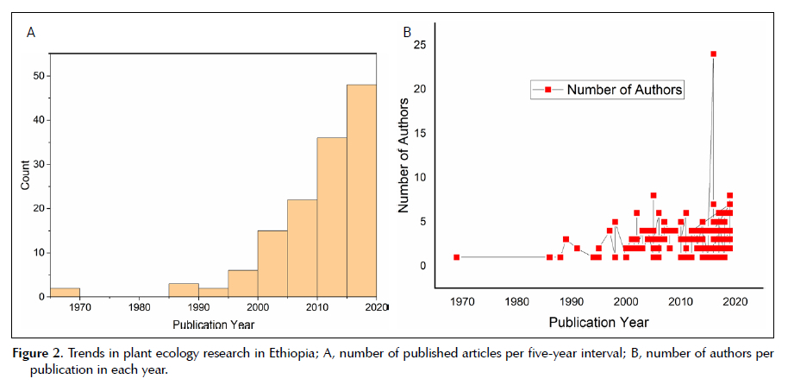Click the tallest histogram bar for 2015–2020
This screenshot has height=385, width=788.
(361, 190)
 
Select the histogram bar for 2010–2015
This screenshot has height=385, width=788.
(331, 217)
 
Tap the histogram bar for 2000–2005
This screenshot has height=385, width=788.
(272, 263)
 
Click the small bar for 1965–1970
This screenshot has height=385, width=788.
(65, 292)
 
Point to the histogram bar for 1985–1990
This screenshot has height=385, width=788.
(184, 289)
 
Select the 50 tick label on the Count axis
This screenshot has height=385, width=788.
(37, 76)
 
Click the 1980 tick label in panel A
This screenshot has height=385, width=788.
(139, 306)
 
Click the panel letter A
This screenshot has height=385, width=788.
(31, 34)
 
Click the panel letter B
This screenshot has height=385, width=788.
(408, 34)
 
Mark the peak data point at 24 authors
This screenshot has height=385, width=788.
(713, 54)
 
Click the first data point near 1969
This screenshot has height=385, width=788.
(456, 256)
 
